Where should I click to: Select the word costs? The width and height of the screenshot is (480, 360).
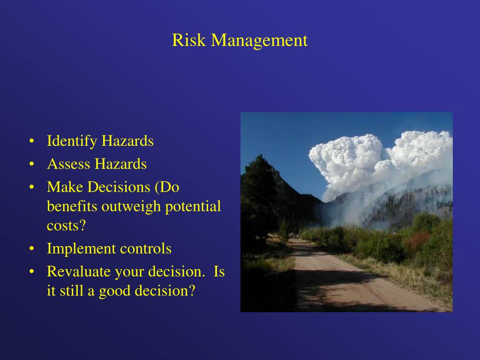click(x=66, y=225)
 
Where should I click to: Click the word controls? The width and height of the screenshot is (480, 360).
click(x=146, y=248)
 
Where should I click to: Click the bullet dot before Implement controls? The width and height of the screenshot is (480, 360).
click(x=31, y=249)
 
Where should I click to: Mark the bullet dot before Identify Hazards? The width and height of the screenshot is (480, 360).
click(x=31, y=141)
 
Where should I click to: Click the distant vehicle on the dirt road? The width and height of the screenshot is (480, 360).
click(x=292, y=235)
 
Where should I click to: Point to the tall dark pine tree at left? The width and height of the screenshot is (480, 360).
click(x=259, y=197)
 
